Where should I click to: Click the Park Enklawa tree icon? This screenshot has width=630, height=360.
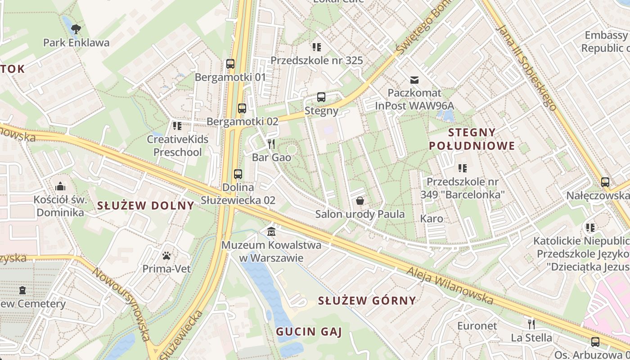76,29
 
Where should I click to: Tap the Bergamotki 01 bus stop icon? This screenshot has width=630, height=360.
230,64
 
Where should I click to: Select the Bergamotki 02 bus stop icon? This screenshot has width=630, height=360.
242,108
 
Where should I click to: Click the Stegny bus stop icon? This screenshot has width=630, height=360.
321,97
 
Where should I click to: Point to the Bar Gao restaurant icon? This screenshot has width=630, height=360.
271,144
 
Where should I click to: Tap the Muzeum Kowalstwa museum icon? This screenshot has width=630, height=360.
271,232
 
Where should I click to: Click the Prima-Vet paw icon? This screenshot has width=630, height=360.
167,256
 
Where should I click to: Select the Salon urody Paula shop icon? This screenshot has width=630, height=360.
360,201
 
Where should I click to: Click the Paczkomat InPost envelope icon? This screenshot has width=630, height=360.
414,80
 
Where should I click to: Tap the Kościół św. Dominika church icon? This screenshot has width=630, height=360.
60,186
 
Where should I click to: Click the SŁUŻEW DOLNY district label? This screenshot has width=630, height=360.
146,206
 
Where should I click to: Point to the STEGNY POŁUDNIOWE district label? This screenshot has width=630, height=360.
472,139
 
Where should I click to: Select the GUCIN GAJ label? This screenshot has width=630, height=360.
309,332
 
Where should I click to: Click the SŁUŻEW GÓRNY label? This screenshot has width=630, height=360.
367,301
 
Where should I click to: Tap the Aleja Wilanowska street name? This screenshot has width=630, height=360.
450,285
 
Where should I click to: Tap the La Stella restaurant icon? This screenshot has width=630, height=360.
531,324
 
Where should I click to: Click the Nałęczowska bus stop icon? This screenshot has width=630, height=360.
605,182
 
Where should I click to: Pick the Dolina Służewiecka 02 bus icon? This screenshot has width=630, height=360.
238,174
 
